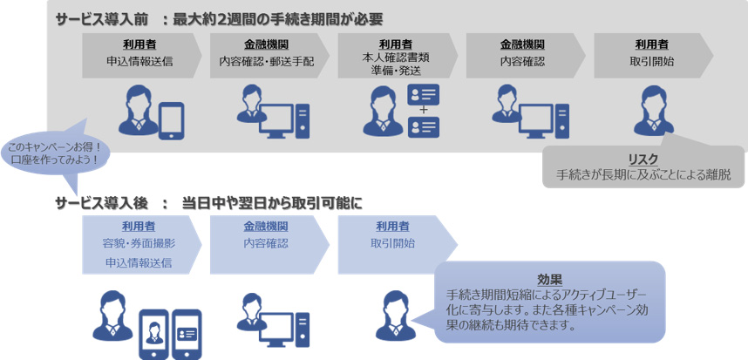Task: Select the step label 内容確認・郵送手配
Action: tap(268, 63)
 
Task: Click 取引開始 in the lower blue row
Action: tap(392, 244)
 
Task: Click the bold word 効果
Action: tap(549, 279)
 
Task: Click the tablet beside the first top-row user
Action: tap(172, 121)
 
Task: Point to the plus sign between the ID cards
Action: tap(424, 111)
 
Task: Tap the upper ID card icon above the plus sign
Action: tap(424, 94)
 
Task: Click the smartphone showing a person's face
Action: tap(154, 333)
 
